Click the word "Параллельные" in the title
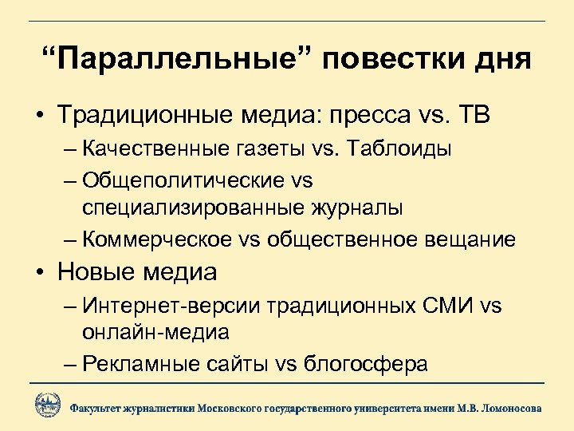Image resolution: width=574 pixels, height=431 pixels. pos(183,60)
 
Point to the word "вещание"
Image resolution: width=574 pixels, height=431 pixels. pos(471,239)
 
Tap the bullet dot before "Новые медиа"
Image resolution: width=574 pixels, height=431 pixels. pos(38,274)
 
